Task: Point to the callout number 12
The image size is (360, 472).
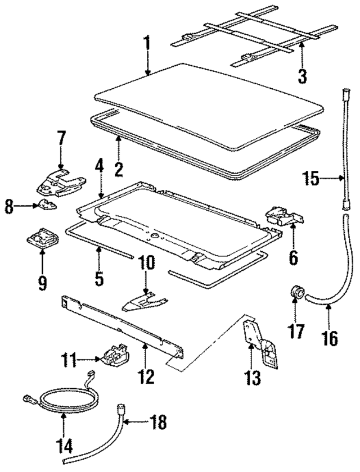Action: [146, 375]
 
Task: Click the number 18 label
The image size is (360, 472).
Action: [159, 422]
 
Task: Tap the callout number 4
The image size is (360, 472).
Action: [99, 167]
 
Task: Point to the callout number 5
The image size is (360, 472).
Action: [99, 279]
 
